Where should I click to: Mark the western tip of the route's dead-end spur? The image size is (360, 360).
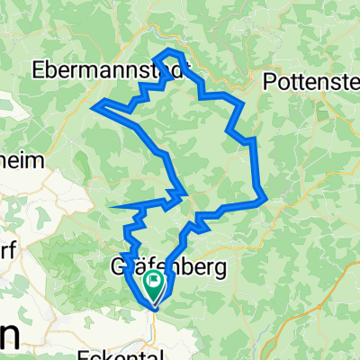tap(110, 208)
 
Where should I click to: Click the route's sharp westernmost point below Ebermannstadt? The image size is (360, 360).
tap(94, 107)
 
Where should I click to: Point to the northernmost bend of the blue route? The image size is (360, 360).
tap(171, 50)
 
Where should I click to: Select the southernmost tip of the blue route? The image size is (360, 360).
tap(154, 308)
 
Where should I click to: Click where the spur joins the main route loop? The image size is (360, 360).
tap(184, 193)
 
